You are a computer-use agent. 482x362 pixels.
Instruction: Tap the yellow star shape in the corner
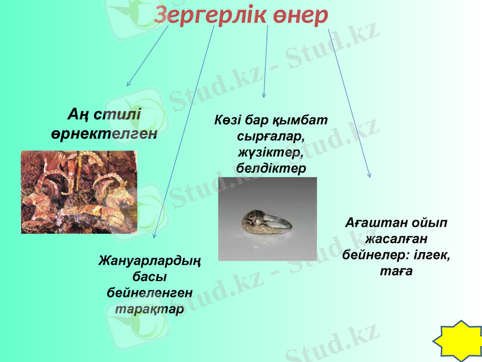pyautogui.click(x=459, y=342)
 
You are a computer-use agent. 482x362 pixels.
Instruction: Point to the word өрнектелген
pyautogui.click(x=104, y=133)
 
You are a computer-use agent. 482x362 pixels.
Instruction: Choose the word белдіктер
pyautogui.click(x=271, y=167)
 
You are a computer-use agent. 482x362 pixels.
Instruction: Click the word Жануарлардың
pyautogui.click(x=149, y=261)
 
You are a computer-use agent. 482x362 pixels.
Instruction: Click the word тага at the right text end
pyautogui.click(x=396, y=271)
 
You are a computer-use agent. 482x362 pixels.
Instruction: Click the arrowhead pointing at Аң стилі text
pyautogui.click(x=128, y=84)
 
